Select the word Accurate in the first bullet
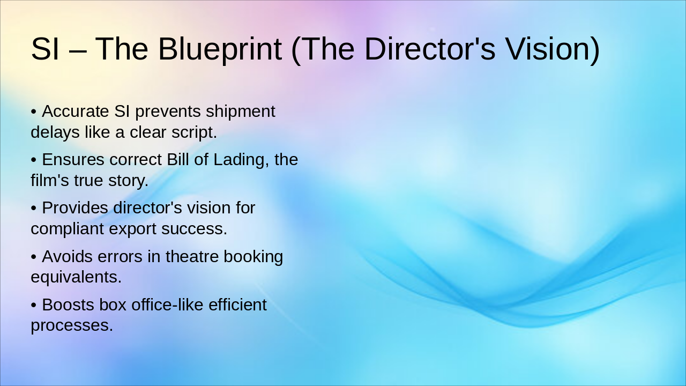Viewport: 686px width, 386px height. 76,111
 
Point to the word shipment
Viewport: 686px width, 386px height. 241,111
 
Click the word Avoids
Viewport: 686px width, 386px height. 68,256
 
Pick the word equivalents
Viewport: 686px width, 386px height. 76,277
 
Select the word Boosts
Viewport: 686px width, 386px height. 68,305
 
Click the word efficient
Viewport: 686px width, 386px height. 237,305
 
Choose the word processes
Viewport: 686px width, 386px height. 72,325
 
